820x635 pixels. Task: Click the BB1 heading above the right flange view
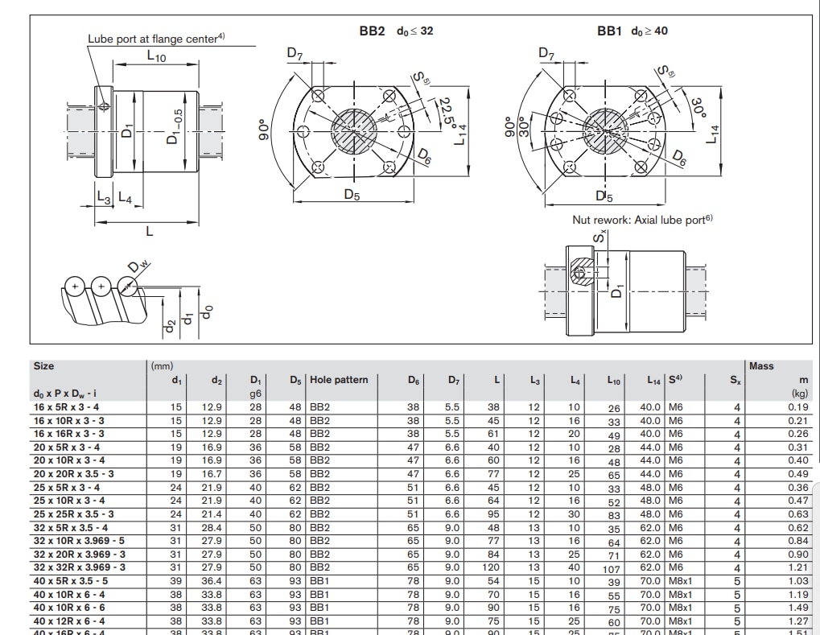click(x=609, y=31)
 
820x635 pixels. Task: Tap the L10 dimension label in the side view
click(x=156, y=56)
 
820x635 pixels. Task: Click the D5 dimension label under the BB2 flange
click(x=352, y=195)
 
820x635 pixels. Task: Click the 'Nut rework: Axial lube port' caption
click(x=642, y=219)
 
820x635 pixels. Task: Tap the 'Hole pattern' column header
click(x=339, y=380)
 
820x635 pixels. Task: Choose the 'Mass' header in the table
click(x=760, y=366)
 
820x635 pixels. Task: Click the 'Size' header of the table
click(x=43, y=366)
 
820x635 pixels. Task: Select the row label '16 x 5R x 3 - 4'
click(x=67, y=407)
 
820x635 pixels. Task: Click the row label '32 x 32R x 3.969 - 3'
click(x=79, y=567)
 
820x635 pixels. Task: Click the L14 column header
click(x=653, y=380)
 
